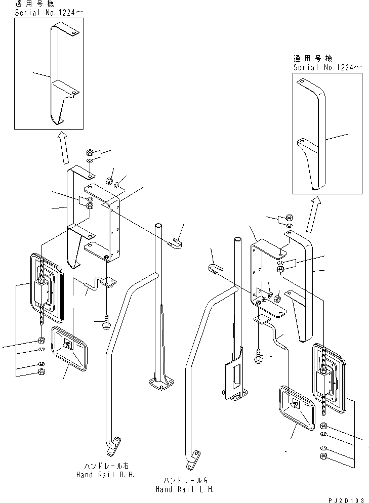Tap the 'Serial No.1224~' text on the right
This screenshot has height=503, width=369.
pos(320,67)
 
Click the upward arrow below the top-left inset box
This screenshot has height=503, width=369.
pos(64,147)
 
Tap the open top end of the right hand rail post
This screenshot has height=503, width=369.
pos(158,226)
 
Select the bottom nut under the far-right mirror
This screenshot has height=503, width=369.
pos(323,457)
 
